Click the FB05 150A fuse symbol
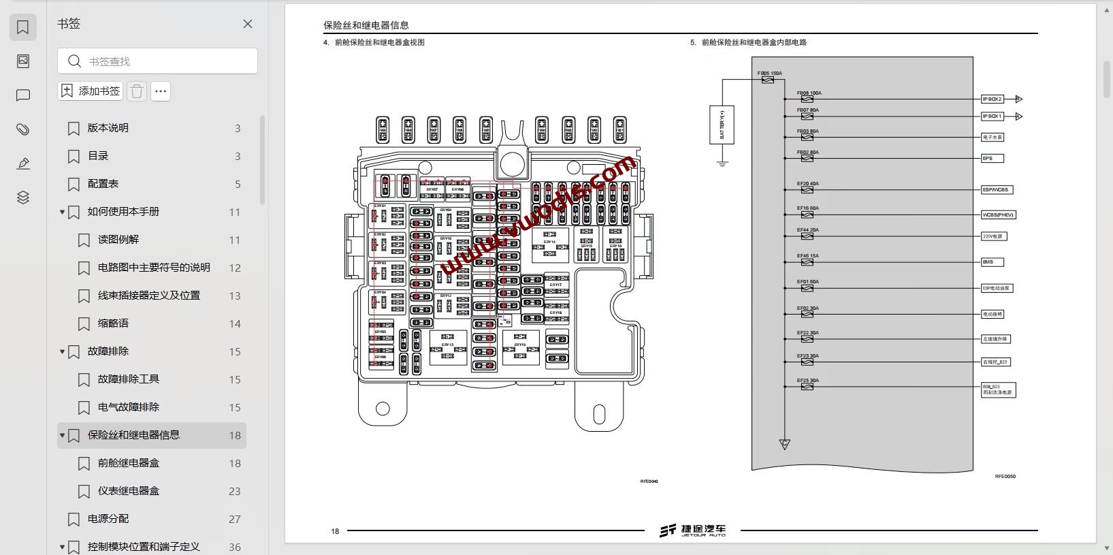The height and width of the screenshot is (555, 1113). [x=768, y=80]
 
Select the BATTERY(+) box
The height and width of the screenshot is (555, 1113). [x=722, y=124]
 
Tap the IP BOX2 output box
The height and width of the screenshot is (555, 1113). [x=992, y=99]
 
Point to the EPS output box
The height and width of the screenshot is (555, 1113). [x=992, y=159]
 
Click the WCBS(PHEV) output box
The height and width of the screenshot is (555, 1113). [x=998, y=215]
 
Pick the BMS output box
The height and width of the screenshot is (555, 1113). [x=992, y=262]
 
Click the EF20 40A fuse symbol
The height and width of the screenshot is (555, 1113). [x=807, y=190]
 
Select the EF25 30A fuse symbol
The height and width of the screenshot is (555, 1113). [x=807, y=387]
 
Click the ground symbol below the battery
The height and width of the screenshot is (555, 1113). [x=722, y=163]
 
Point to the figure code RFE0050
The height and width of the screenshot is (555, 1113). [x=1005, y=477]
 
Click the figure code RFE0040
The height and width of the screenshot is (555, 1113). [x=649, y=481]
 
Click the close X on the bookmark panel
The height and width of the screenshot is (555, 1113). [x=248, y=24]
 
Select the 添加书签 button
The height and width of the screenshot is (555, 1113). [x=91, y=91]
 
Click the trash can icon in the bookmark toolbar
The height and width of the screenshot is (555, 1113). [x=137, y=91]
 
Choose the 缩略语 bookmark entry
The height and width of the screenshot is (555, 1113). [x=113, y=323]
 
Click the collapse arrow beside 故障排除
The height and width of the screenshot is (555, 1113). [x=62, y=352]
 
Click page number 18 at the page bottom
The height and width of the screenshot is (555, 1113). [x=335, y=531]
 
